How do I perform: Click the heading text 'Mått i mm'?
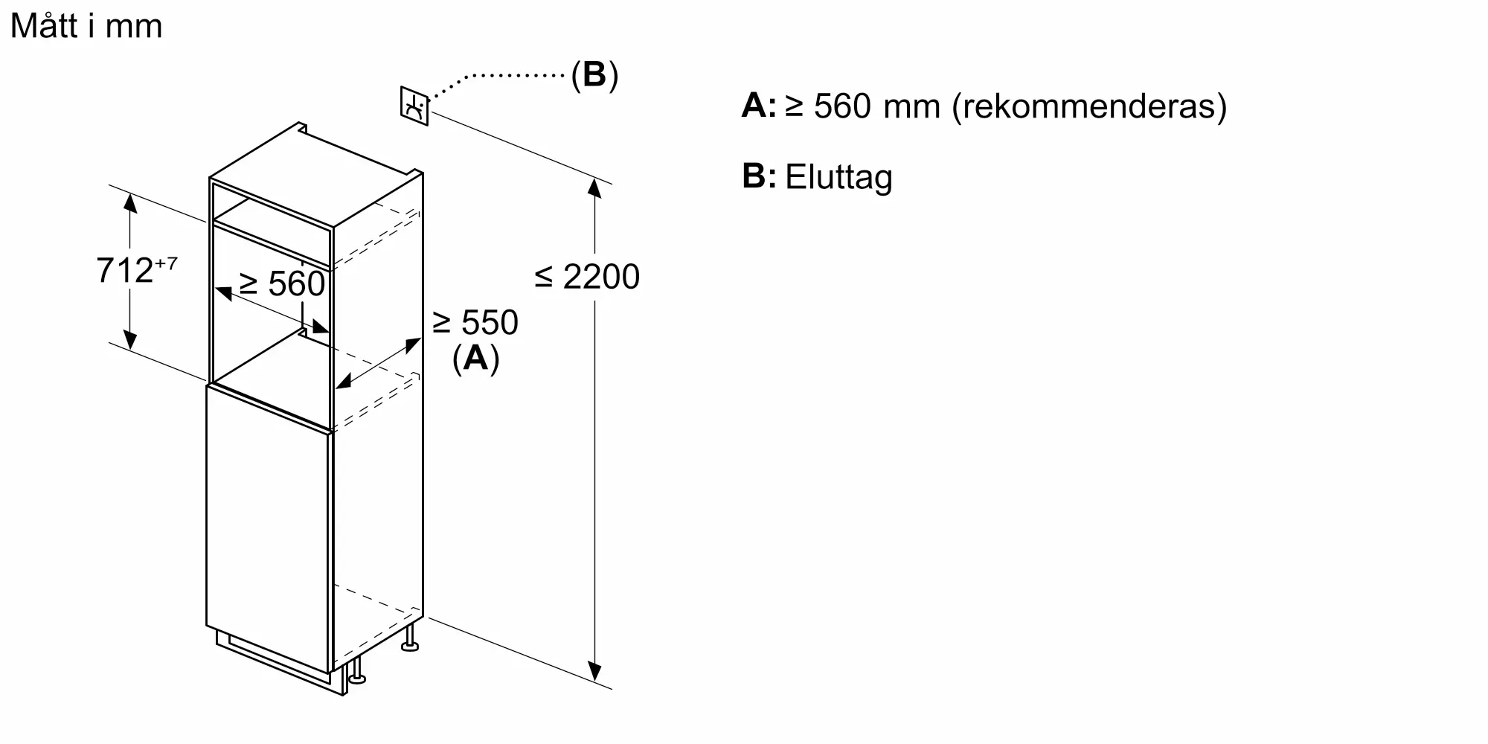click(x=86, y=27)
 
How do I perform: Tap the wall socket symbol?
click(x=414, y=106)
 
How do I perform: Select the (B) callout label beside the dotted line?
click(x=594, y=75)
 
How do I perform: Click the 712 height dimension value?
click(x=124, y=271)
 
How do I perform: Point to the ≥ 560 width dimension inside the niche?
click(x=283, y=284)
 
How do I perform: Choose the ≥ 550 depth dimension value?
click(x=475, y=323)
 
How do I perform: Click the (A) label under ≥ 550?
click(x=475, y=359)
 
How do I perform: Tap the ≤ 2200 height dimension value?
click(x=587, y=277)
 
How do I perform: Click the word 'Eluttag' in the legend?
click(x=838, y=178)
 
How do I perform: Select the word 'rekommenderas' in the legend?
click(x=1089, y=106)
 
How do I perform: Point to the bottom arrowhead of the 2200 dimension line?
click(x=594, y=672)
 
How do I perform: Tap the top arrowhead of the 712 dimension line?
click(x=130, y=202)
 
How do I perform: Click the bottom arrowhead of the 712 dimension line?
click(x=130, y=341)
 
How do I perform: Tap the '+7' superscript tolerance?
click(x=166, y=263)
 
